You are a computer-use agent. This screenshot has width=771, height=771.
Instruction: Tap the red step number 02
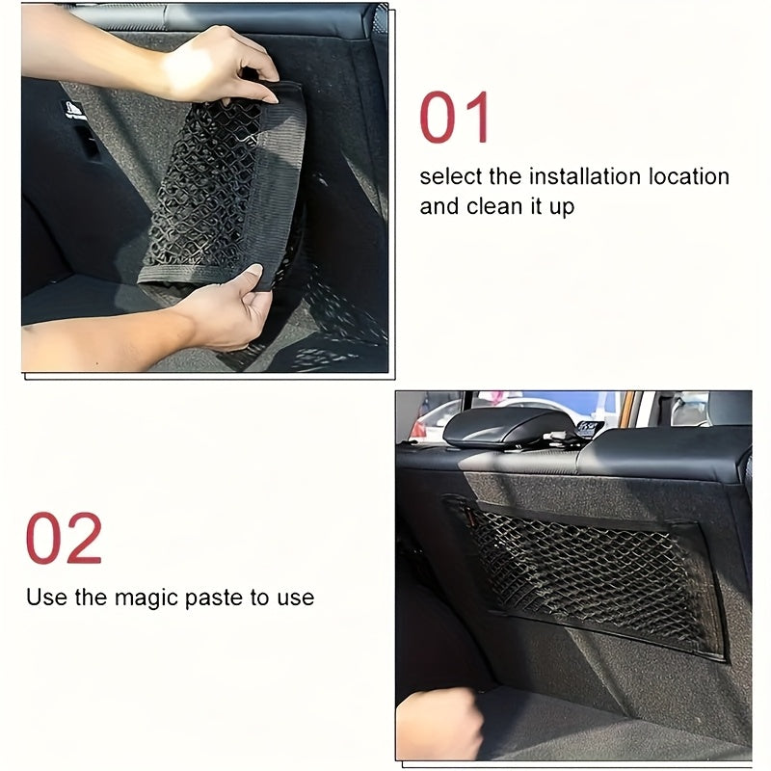64,539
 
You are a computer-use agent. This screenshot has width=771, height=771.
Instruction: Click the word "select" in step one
448,176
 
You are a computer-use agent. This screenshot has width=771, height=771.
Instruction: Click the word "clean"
491,207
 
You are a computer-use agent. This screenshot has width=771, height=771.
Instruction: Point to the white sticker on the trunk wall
75,110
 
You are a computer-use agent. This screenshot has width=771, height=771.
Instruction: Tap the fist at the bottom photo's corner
439,723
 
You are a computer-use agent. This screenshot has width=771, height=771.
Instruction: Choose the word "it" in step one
531,207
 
